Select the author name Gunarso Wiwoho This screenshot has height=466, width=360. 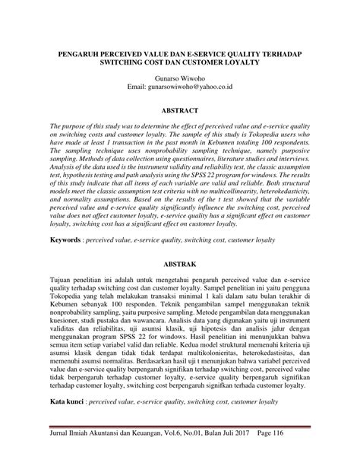179,78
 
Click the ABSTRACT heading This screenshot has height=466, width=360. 179,110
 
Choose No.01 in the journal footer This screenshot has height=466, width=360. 216,453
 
